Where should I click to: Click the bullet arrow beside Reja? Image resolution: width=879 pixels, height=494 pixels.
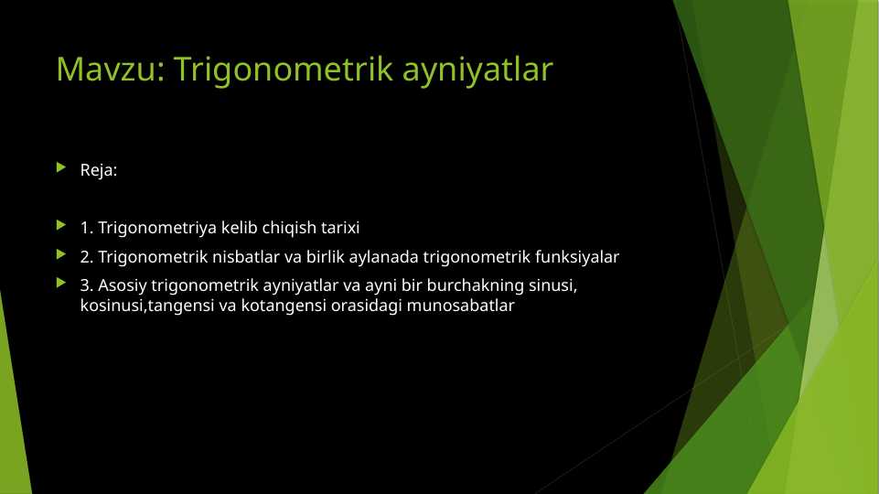tap(61, 168)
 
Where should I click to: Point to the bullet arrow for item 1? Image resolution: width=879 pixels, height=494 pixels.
tap(61, 225)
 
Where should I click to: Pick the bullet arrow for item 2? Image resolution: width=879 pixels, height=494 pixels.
tap(61, 255)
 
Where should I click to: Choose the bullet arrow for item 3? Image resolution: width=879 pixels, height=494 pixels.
tap(61, 285)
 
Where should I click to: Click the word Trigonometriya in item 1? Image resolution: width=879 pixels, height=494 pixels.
tap(157, 227)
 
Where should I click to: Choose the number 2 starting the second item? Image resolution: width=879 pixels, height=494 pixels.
tap(85, 257)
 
